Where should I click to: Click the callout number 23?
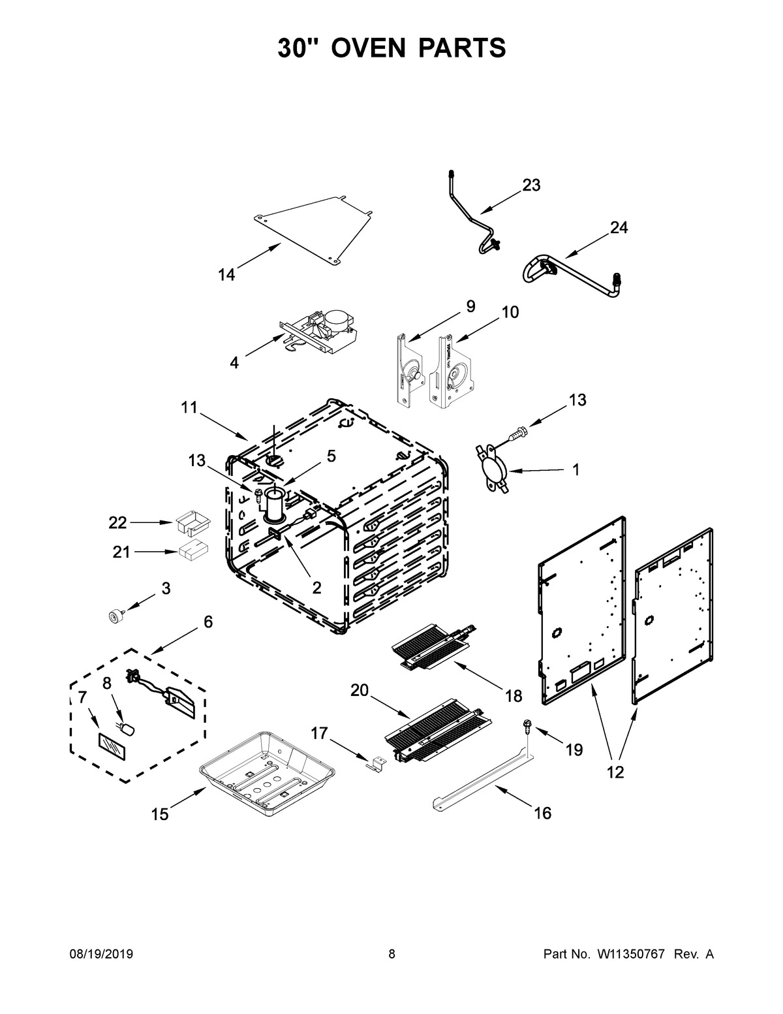click(531, 185)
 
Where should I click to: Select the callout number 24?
click(619, 228)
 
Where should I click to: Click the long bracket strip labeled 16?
click(483, 780)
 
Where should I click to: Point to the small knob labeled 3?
click(115, 615)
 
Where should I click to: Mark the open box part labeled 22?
click(191, 524)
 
